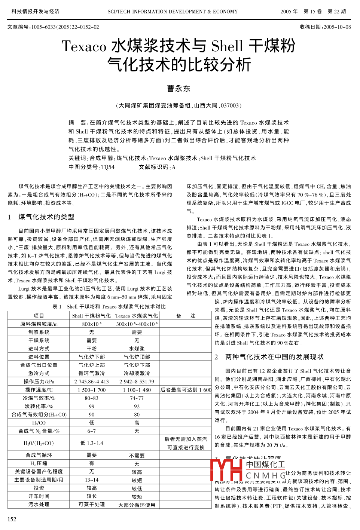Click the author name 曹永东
click(179, 89)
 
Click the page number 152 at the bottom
click(12, 519)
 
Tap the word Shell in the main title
click(227, 46)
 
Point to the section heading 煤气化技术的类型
click(46, 217)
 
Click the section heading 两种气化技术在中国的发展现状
click(274, 357)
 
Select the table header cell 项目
click(39, 316)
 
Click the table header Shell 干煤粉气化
click(91, 316)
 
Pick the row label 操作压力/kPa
click(39, 382)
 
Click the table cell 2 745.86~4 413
click(91, 382)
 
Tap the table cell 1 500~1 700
click(91, 390)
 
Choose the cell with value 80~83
click(91, 398)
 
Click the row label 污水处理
click(39, 505)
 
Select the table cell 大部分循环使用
click(137, 505)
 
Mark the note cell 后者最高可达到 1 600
click(186, 390)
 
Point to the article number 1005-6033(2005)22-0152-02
click(65, 27)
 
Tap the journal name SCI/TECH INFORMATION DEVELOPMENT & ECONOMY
click(173, 12)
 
